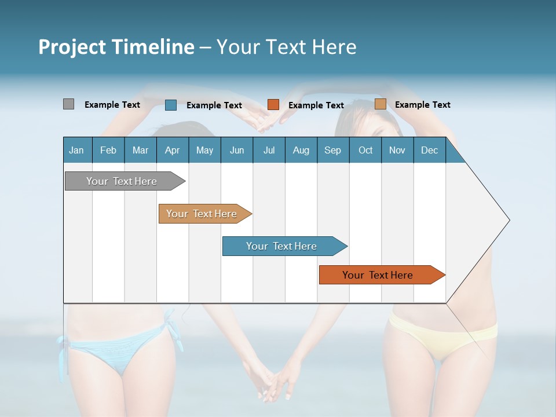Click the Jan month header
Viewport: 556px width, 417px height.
[76, 150]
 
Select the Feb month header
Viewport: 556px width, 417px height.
[108, 150]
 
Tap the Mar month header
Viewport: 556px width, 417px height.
[140, 150]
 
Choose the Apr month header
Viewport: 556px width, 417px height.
[172, 150]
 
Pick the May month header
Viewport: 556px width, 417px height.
[204, 150]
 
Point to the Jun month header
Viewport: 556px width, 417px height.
[237, 150]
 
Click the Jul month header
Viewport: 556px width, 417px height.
[269, 150]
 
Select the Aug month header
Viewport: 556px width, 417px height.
[301, 150]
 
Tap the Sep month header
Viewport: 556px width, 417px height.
[332, 150]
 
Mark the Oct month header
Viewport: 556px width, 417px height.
[365, 150]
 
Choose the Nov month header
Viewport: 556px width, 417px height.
[397, 150]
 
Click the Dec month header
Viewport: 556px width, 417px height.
[429, 150]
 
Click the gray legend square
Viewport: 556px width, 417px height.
[68, 104]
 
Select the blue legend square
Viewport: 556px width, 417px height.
[171, 105]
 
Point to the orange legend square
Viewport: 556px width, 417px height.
[273, 105]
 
